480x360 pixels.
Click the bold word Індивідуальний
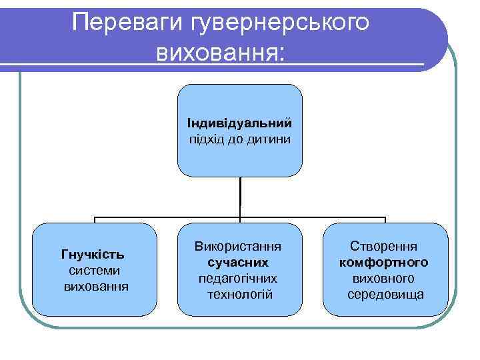tap(239, 123)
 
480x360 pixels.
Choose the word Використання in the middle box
tap(238, 246)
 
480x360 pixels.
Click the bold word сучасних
tap(238, 262)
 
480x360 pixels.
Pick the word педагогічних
tap(238, 278)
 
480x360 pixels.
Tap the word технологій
tap(238, 294)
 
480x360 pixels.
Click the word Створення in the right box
tap(385, 246)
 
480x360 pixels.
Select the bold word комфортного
tap(385, 262)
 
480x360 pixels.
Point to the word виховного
tap(385, 278)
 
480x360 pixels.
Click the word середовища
tap(385, 294)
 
